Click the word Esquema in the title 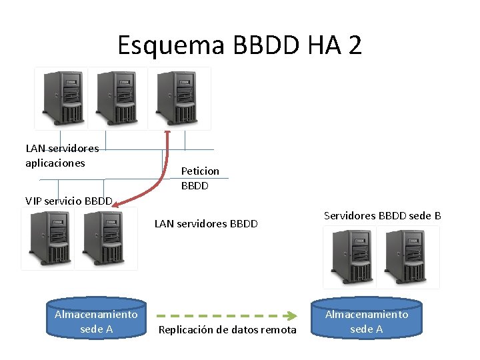click(x=173, y=45)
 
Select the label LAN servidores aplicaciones click(x=61, y=155)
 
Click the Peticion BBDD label click(x=199, y=178)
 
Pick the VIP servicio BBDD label click(x=69, y=201)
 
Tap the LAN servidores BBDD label click(x=206, y=223)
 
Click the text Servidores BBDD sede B click(x=382, y=215)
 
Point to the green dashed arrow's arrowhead click(x=292, y=315)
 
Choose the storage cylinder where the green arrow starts click(x=96, y=321)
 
